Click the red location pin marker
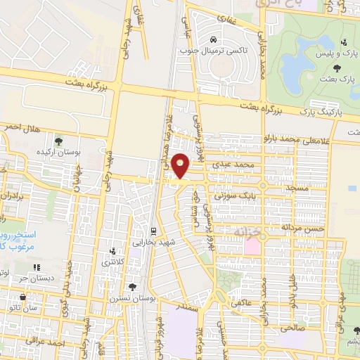click(x=182, y=165)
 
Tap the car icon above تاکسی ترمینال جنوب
click(x=214, y=39)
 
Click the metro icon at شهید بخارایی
click(x=153, y=231)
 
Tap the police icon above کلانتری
click(x=112, y=251)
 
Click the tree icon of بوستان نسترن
click(x=133, y=287)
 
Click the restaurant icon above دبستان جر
click(x=37, y=267)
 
